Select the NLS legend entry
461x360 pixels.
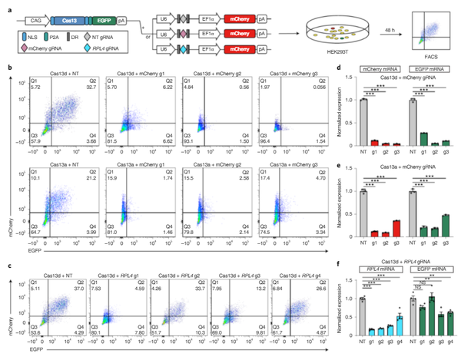click(38, 36)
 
